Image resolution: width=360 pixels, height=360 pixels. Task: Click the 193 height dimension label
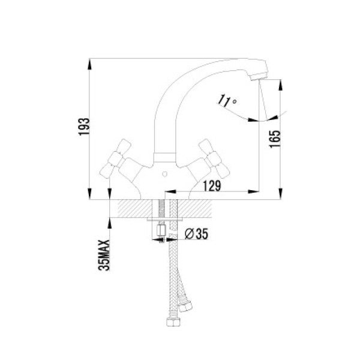click(84, 127)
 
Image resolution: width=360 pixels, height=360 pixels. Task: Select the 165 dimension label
click(275, 139)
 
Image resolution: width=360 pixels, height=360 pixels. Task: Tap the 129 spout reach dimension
click(212, 186)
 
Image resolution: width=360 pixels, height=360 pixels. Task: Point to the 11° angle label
click(227, 101)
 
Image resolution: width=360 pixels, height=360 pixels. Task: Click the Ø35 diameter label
click(197, 234)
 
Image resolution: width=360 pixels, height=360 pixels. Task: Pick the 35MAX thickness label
click(104, 255)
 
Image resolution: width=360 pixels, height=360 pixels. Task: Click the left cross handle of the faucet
click(115, 158)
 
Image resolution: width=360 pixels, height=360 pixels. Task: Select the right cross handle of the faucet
click(214, 158)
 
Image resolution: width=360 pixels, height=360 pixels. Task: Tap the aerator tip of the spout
click(259, 76)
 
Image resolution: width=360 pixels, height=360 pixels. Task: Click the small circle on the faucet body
click(164, 174)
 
